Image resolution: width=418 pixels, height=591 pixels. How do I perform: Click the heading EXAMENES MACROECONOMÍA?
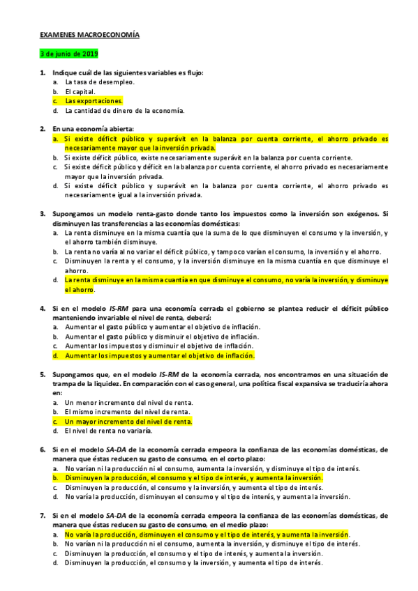tap(89, 33)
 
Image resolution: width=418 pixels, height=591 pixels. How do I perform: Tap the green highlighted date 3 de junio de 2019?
tap(69, 54)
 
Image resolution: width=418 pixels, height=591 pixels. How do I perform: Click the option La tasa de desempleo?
tap(100, 82)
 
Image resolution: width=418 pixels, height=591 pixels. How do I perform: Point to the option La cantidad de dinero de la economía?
tap(125, 110)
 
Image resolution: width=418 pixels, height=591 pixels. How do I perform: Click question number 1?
tap(43, 72)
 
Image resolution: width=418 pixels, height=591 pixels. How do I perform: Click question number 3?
tap(43, 214)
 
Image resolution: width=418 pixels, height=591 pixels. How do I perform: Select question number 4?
tap(43, 307)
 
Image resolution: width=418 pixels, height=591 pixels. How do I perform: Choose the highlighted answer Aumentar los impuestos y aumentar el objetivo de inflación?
tap(160, 355)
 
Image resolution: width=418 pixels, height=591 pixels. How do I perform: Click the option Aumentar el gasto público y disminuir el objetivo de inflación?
tap(161, 336)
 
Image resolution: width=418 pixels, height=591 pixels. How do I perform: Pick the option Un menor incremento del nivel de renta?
tap(128, 403)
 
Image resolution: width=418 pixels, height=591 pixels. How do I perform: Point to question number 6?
tap(43, 450)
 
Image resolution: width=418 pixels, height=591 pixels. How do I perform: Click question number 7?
tap(43, 516)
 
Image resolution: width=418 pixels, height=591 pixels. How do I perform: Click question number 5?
tap(43, 374)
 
